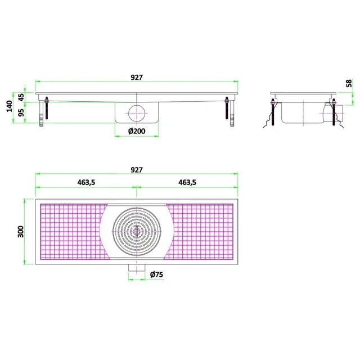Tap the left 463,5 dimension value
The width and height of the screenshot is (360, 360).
[x=85, y=182]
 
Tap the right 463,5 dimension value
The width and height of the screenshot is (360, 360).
[x=190, y=182]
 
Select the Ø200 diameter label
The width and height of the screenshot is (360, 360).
[x=136, y=131]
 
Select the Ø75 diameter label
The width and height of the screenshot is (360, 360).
[x=157, y=275]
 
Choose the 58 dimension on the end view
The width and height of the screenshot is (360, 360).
[x=349, y=83]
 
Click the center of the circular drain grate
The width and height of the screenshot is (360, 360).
[x=136, y=231]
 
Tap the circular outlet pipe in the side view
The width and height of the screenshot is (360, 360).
[x=136, y=112]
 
